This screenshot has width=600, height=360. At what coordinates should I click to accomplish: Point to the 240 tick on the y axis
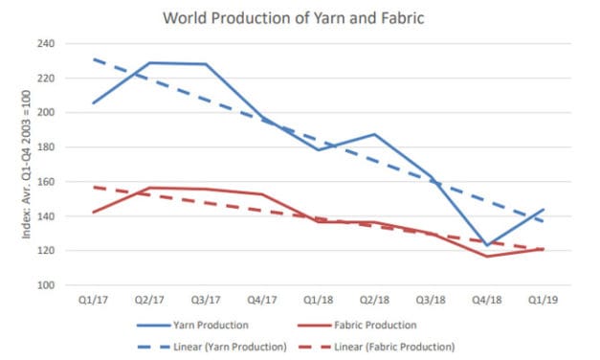tap(45, 44)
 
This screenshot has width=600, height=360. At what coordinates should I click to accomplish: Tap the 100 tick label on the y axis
tap(45, 285)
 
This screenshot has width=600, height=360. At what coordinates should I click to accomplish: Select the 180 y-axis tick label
tap(45, 147)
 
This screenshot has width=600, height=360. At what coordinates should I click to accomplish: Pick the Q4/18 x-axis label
tap(489, 300)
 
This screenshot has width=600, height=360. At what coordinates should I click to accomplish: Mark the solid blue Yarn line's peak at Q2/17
tap(146, 63)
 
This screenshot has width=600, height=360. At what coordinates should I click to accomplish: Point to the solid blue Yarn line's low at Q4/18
tap(489, 245)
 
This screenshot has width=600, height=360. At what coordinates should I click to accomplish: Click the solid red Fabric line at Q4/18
tap(489, 256)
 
